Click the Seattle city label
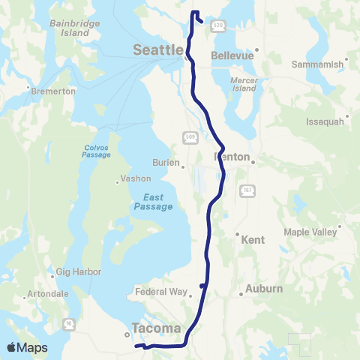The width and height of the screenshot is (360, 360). pyautogui.click(x=157, y=50)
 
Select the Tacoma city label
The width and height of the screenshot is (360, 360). pyautogui.click(x=156, y=328)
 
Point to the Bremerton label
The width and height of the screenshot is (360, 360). pyautogui.click(x=55, y=91)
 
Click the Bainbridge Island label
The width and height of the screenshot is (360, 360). pyautogui.click(x=69, y=28)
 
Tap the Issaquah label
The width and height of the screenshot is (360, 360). pyautogui.click(x=325, y=121)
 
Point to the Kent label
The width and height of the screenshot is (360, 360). pyautogui.click(x=253, y=241)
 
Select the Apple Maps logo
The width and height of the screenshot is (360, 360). pyautogui.click(x=27, y=347)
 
